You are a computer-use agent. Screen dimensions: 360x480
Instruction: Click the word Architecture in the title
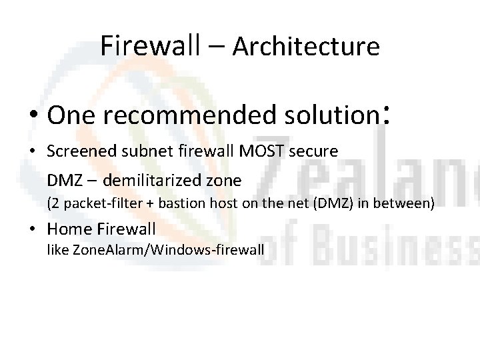(x=307, y=46)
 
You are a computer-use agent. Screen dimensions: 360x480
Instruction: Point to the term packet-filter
(x=97, y=203)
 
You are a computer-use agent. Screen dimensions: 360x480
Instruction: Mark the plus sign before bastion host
(x=141, y=203)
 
